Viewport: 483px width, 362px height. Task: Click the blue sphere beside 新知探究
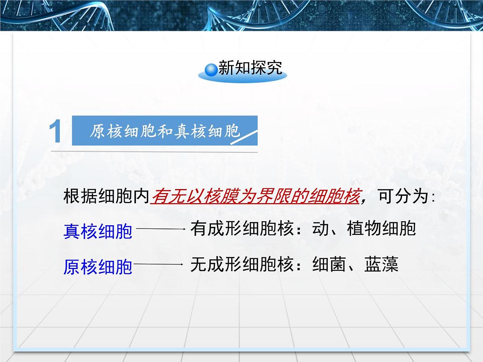211,69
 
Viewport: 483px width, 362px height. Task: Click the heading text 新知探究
250,68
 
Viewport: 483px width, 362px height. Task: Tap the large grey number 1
55,132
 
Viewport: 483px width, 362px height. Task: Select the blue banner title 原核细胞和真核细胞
164,131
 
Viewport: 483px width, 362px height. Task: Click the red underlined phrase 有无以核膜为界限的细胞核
255,197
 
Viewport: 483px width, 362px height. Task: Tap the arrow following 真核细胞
161,229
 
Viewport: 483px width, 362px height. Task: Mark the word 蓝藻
381,264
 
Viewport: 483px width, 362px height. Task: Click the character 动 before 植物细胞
320,229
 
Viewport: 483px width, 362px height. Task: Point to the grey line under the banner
153,152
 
